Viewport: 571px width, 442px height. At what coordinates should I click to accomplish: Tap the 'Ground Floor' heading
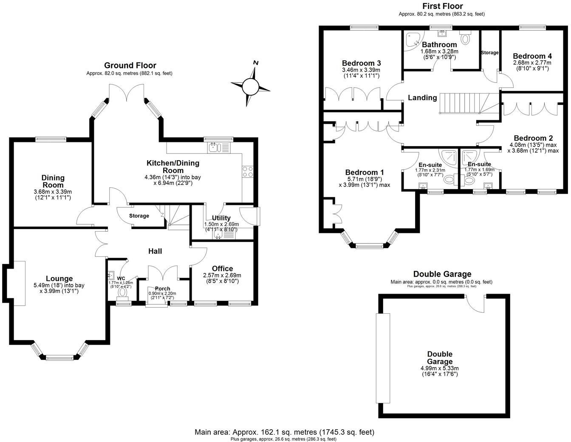(x=130, y=65)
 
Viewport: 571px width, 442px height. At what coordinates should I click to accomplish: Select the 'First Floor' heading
(x=442, y=6)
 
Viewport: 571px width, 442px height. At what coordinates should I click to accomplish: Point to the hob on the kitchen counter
(x=248, y=171)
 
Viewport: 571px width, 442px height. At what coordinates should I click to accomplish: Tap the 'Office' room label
(x=223, y=269)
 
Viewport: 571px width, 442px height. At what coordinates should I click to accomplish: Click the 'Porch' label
(x=162, y=289)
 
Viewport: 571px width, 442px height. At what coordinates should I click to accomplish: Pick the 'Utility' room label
(x=221, y=218)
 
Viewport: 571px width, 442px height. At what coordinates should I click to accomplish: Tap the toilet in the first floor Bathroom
(x=466, y=38)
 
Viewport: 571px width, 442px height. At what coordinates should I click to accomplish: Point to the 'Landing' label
(x=422, y=98)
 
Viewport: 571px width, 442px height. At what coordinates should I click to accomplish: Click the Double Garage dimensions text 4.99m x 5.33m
(x=440, y=368)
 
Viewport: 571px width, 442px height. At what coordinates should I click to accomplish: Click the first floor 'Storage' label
(x=489, y=53)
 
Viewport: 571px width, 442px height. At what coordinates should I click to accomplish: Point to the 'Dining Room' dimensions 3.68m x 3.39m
(x=53, y=191)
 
